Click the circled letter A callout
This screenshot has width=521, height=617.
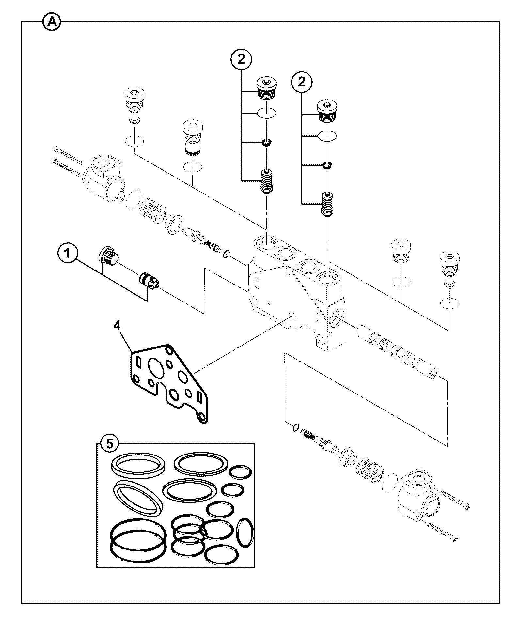[52, 22]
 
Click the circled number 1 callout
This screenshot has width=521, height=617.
[68, 254]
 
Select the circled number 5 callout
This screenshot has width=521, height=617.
[109, 443]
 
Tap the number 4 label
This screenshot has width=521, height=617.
[117, 325]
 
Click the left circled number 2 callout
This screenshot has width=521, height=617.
[241, 59]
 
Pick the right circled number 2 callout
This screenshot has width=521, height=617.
[302, 82]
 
